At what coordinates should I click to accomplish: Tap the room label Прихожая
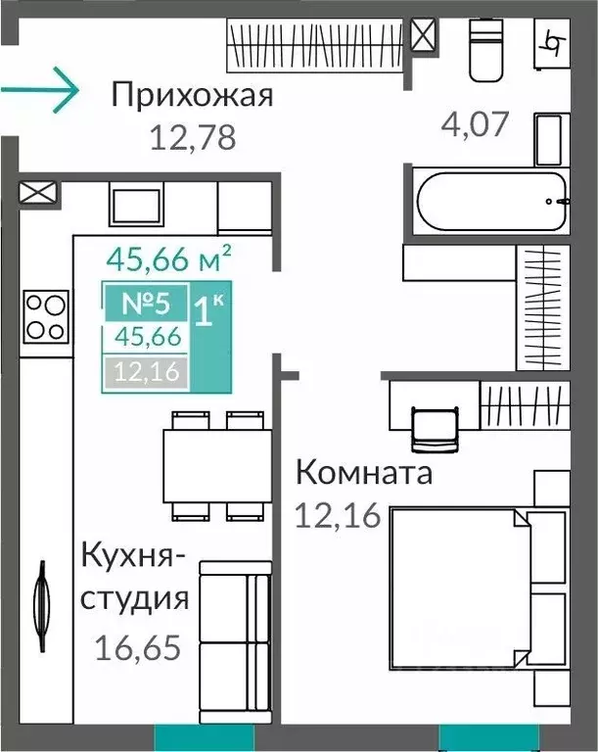tap(191, 96)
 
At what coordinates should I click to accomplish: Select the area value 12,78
tap(193, 137)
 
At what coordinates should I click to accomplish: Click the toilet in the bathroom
tap(486, 51)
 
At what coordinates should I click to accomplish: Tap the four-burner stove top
tap(45, 315)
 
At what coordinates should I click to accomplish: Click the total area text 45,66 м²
tap(168, 259)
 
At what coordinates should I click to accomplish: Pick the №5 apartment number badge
tap(145, 303)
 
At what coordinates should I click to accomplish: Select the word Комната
tap(363, 475)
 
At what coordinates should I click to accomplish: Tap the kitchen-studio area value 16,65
tap(139, 646)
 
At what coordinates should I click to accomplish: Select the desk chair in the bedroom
tap(433, 427)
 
